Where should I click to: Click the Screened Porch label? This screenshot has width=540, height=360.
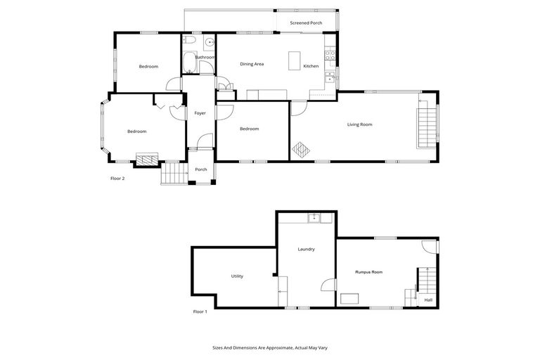coord(306,22)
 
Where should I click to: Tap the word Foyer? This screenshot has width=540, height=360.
coord(199,112)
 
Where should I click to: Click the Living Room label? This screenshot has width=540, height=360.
coord(359,124)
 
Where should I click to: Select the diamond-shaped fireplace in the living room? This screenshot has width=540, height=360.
coord(300,150)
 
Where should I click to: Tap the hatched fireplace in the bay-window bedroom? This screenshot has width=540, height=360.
coord(146,160)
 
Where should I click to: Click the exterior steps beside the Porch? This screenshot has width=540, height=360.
coord(173,174)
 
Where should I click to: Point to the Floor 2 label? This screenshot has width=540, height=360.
coord(117,179)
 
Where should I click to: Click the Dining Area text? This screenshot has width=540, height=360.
coord(252,65)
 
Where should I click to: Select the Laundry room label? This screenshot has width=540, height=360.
coord(306,249)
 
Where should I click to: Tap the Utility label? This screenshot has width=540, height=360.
coord(237,276)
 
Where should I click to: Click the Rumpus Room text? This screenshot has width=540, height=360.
coord(368,271)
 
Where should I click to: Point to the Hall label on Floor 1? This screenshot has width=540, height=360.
coord(428,300)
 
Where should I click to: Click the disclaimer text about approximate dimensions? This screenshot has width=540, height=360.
coord(270,347)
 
